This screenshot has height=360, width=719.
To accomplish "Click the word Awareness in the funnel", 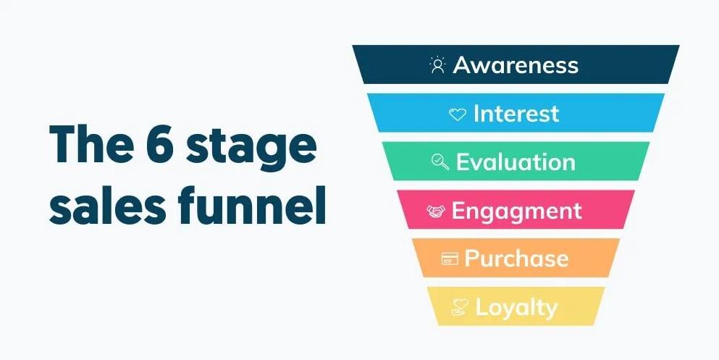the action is tap(516, 64).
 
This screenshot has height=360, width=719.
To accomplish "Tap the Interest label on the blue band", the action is tap(516, 113).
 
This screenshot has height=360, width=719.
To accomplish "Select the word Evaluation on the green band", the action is tap(516, 162).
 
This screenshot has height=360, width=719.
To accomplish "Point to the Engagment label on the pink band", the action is tap(517, 212).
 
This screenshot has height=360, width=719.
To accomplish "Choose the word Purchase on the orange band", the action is tap(516, 258).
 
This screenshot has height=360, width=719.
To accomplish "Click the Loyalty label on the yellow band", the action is tap(516, 308).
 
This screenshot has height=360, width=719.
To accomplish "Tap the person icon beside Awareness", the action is tap(438, 64).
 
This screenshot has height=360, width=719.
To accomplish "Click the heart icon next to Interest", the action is tap(457, 114).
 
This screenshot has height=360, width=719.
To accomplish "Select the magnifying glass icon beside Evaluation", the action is tap(440, 162).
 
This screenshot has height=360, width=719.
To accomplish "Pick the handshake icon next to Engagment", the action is tap(436, 211).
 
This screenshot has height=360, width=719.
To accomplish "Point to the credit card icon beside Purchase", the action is tap(450, 259).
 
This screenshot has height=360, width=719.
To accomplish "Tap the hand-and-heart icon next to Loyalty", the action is tap(460, 307).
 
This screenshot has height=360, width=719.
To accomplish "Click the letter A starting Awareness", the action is tap(463, 65).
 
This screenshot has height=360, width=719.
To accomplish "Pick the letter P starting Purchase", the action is tap(472, 258).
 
